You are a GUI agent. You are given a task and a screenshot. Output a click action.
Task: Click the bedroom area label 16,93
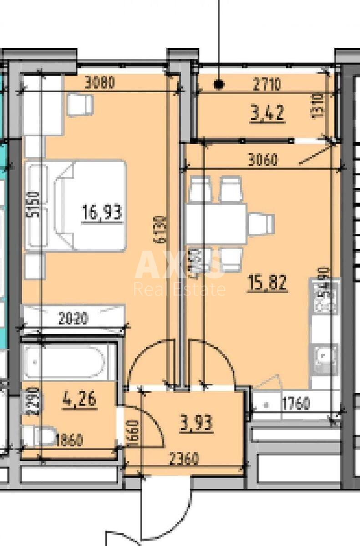tap(102, 212)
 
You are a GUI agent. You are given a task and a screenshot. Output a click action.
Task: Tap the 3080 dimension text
tap(101, 83)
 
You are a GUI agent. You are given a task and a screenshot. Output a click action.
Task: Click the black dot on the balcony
tap(219, 84)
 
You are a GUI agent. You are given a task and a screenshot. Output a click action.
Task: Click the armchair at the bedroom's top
tap(80, 104)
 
